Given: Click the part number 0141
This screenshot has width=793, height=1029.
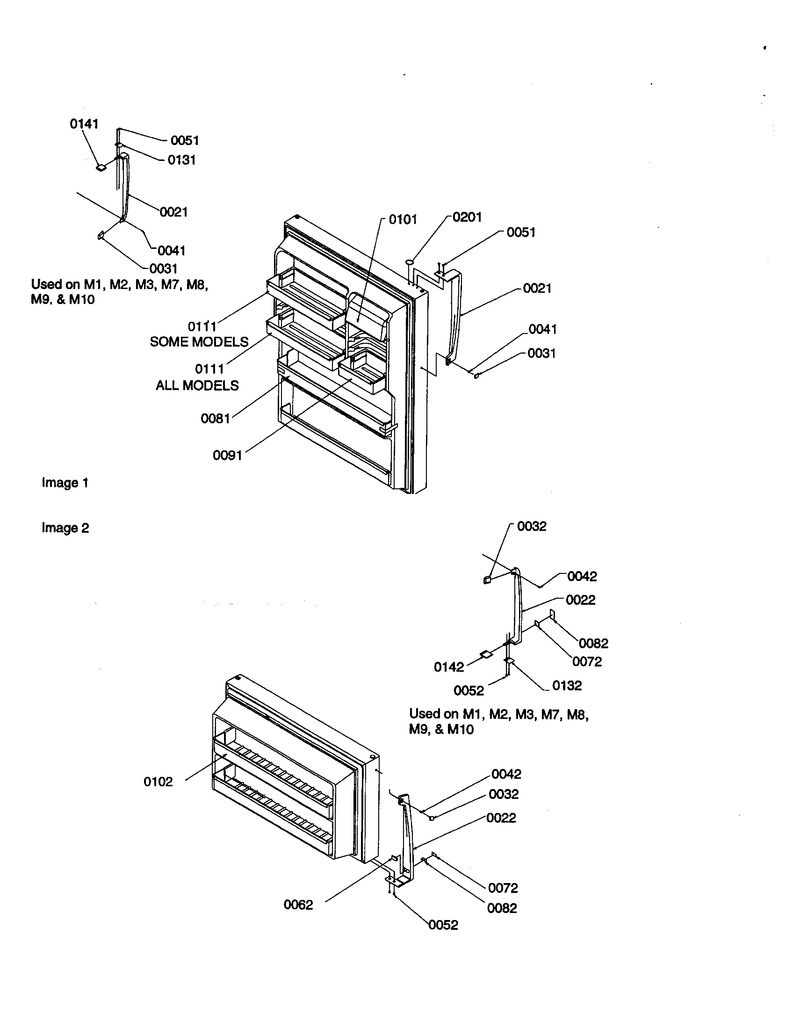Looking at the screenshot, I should tap(84, 124).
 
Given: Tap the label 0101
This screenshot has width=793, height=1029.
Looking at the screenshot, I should tap(403, 219).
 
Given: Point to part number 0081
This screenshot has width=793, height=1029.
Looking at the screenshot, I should tap(215, 419).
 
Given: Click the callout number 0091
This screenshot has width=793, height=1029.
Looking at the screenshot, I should tap(227, 455).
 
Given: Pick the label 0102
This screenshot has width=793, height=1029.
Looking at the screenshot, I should tap(158, 782).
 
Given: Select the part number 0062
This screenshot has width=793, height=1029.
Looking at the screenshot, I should tap(298, 905).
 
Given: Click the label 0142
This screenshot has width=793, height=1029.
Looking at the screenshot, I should tap(449, 667).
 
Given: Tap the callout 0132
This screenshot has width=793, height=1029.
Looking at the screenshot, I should tap(567, 686).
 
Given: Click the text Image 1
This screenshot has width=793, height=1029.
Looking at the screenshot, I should tap(65, 483).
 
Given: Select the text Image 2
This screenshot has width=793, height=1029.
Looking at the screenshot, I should tap(65, 528).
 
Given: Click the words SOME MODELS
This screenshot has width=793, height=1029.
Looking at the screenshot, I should tap(199, 342).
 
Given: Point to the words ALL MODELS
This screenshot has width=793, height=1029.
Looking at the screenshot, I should tap(197, 386).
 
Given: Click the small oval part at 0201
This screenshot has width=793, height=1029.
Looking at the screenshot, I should tap(410, 261).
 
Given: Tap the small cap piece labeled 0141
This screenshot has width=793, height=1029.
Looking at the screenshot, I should tap(101, 167).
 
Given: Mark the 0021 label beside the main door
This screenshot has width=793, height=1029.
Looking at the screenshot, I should tap(537, 288).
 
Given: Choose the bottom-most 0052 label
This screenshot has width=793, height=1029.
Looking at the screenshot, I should tap(443, 925).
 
